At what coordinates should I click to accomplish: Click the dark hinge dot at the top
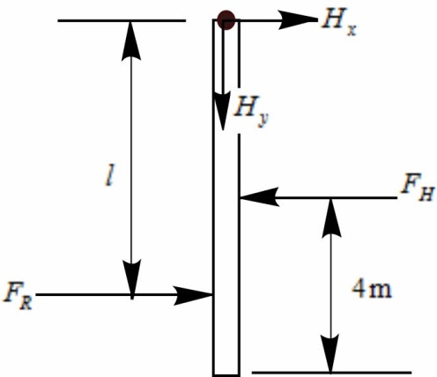click(226, 20)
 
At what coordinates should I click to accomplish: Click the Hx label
click(339, 24)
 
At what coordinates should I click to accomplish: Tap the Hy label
click(251, 112)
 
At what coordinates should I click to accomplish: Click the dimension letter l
click(109, 175)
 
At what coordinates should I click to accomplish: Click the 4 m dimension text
click(372, 288)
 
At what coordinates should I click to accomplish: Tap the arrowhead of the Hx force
click(297, 20)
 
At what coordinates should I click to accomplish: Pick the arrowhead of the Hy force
click(223, 111)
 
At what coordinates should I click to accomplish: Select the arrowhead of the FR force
click(193, 295)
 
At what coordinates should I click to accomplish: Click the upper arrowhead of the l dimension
click(131, 41)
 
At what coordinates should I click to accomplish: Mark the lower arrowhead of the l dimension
click(131, 279)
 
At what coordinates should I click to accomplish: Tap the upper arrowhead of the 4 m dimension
click(331, 218)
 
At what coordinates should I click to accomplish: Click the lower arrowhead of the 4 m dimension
click(330, 353)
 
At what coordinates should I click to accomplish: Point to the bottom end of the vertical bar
click(226, 374)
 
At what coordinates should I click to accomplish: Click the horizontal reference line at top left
click(122, 20)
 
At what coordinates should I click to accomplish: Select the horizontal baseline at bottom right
click(331, 373)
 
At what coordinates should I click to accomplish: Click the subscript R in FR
click(26, 304)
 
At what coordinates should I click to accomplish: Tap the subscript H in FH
click(426, 194)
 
